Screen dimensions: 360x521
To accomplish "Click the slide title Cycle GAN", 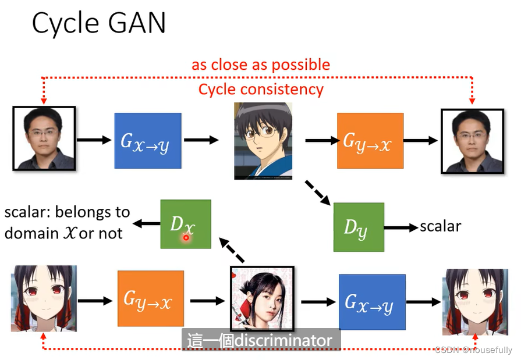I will click(98, 23).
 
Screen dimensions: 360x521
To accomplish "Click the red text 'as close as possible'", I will click(261, 65).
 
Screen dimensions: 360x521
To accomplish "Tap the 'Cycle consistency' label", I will click(261, 90).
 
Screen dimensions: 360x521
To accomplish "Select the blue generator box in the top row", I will click(148, 141).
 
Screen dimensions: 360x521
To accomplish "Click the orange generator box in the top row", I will click(370, 141).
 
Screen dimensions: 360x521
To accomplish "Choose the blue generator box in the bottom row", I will click(372, 301).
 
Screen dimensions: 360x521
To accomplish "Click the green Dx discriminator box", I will click(186, 224).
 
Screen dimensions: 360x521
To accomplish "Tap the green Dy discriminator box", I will click(359, 227).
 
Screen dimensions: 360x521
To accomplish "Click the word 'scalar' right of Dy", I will click(440, 226).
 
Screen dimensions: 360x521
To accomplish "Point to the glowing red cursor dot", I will click(186, 237).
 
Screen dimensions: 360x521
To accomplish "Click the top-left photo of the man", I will click(44, 138).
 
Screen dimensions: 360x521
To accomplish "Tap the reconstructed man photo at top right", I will click(472, 141).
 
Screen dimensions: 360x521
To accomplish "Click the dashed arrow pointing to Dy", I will click(318, 193).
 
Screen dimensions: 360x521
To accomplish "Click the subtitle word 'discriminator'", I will click(283, 340).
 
